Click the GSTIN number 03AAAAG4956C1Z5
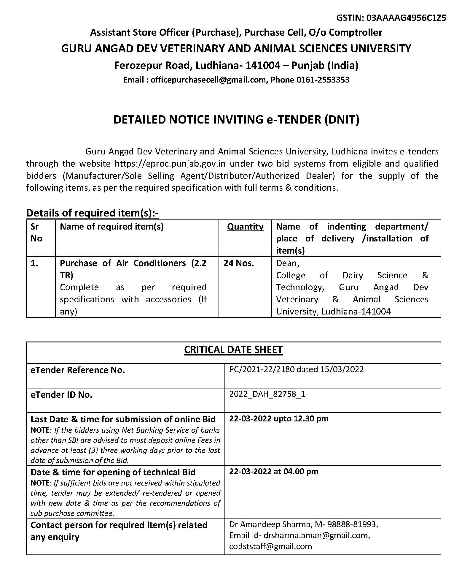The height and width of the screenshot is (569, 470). (x=406, y=18)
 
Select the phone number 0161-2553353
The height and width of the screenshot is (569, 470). (x=323, y=80)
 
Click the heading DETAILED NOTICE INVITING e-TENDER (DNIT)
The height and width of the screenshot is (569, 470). (x=236, y=119)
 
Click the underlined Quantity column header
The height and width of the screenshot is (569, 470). (x=245, y=227)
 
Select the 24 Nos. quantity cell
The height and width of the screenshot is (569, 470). (x=239, y=263)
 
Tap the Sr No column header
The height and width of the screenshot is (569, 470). (x=36, y=233)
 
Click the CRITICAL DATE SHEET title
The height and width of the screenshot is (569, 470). (x=233, y=350)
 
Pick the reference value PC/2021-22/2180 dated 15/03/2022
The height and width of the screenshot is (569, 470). (x=296, y=369)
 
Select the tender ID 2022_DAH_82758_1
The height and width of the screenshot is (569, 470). (x=267, y=394)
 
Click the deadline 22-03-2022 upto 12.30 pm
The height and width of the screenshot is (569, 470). (x=278, y=419)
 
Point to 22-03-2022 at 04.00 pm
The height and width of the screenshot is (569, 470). (x=273, y=472)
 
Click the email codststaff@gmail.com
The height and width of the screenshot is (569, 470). (x=270, y=546)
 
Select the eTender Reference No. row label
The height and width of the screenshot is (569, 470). (x=78, y=370)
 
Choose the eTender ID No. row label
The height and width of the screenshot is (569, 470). (x=61, y=395)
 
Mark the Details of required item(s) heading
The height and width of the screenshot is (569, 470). (x=93, y=213)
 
